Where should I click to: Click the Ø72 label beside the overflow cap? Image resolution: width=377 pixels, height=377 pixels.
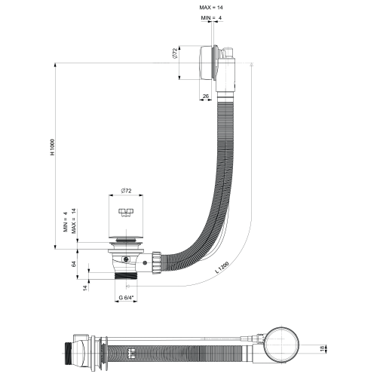[x=175, y=54]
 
